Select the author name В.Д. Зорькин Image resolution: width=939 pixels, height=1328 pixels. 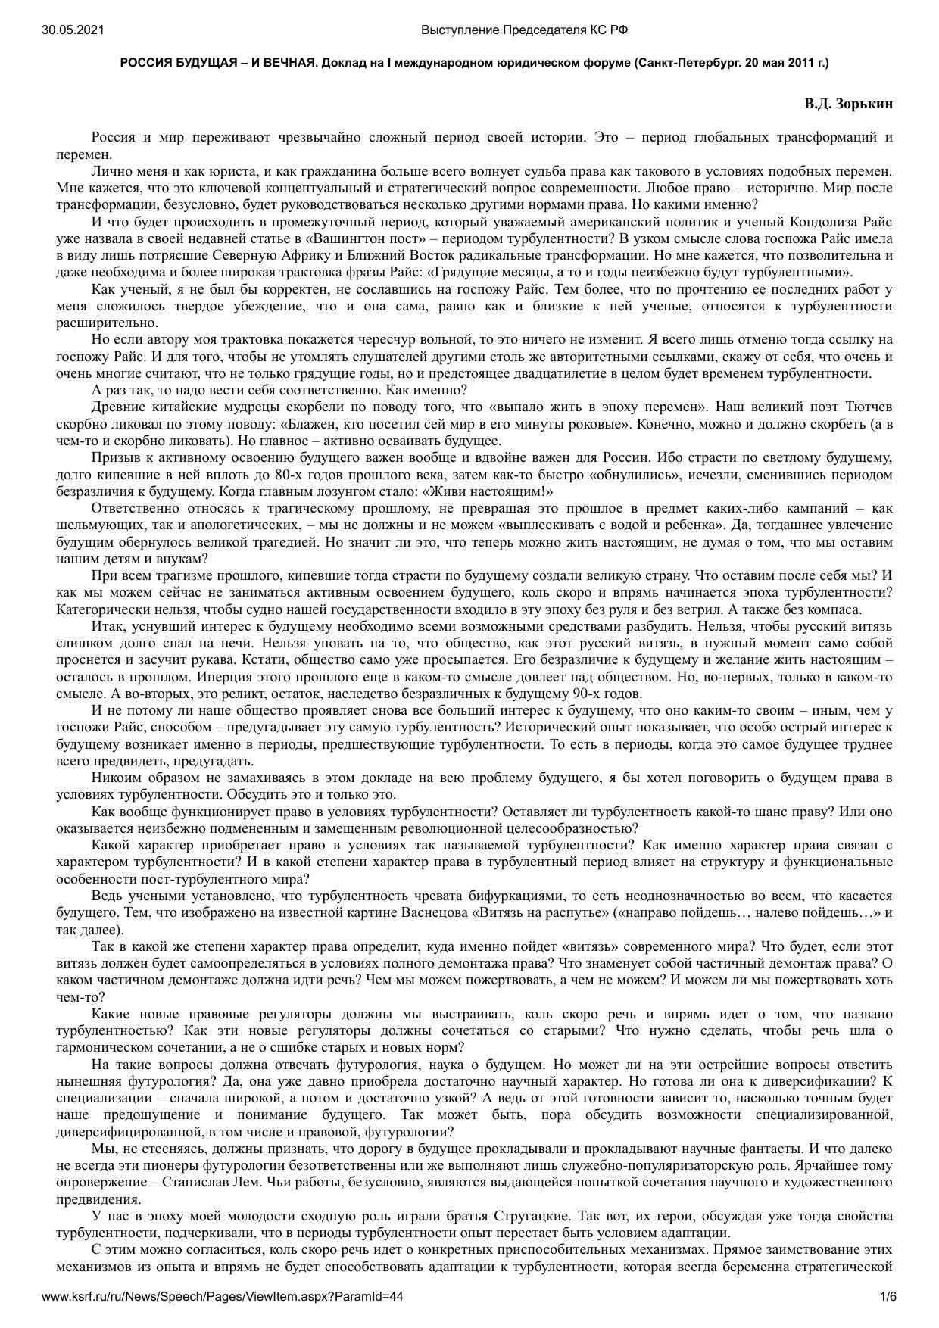pos(848,104)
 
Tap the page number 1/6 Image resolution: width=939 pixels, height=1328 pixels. pos(888,1297)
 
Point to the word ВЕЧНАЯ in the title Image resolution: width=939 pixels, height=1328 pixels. pos(286,63)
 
